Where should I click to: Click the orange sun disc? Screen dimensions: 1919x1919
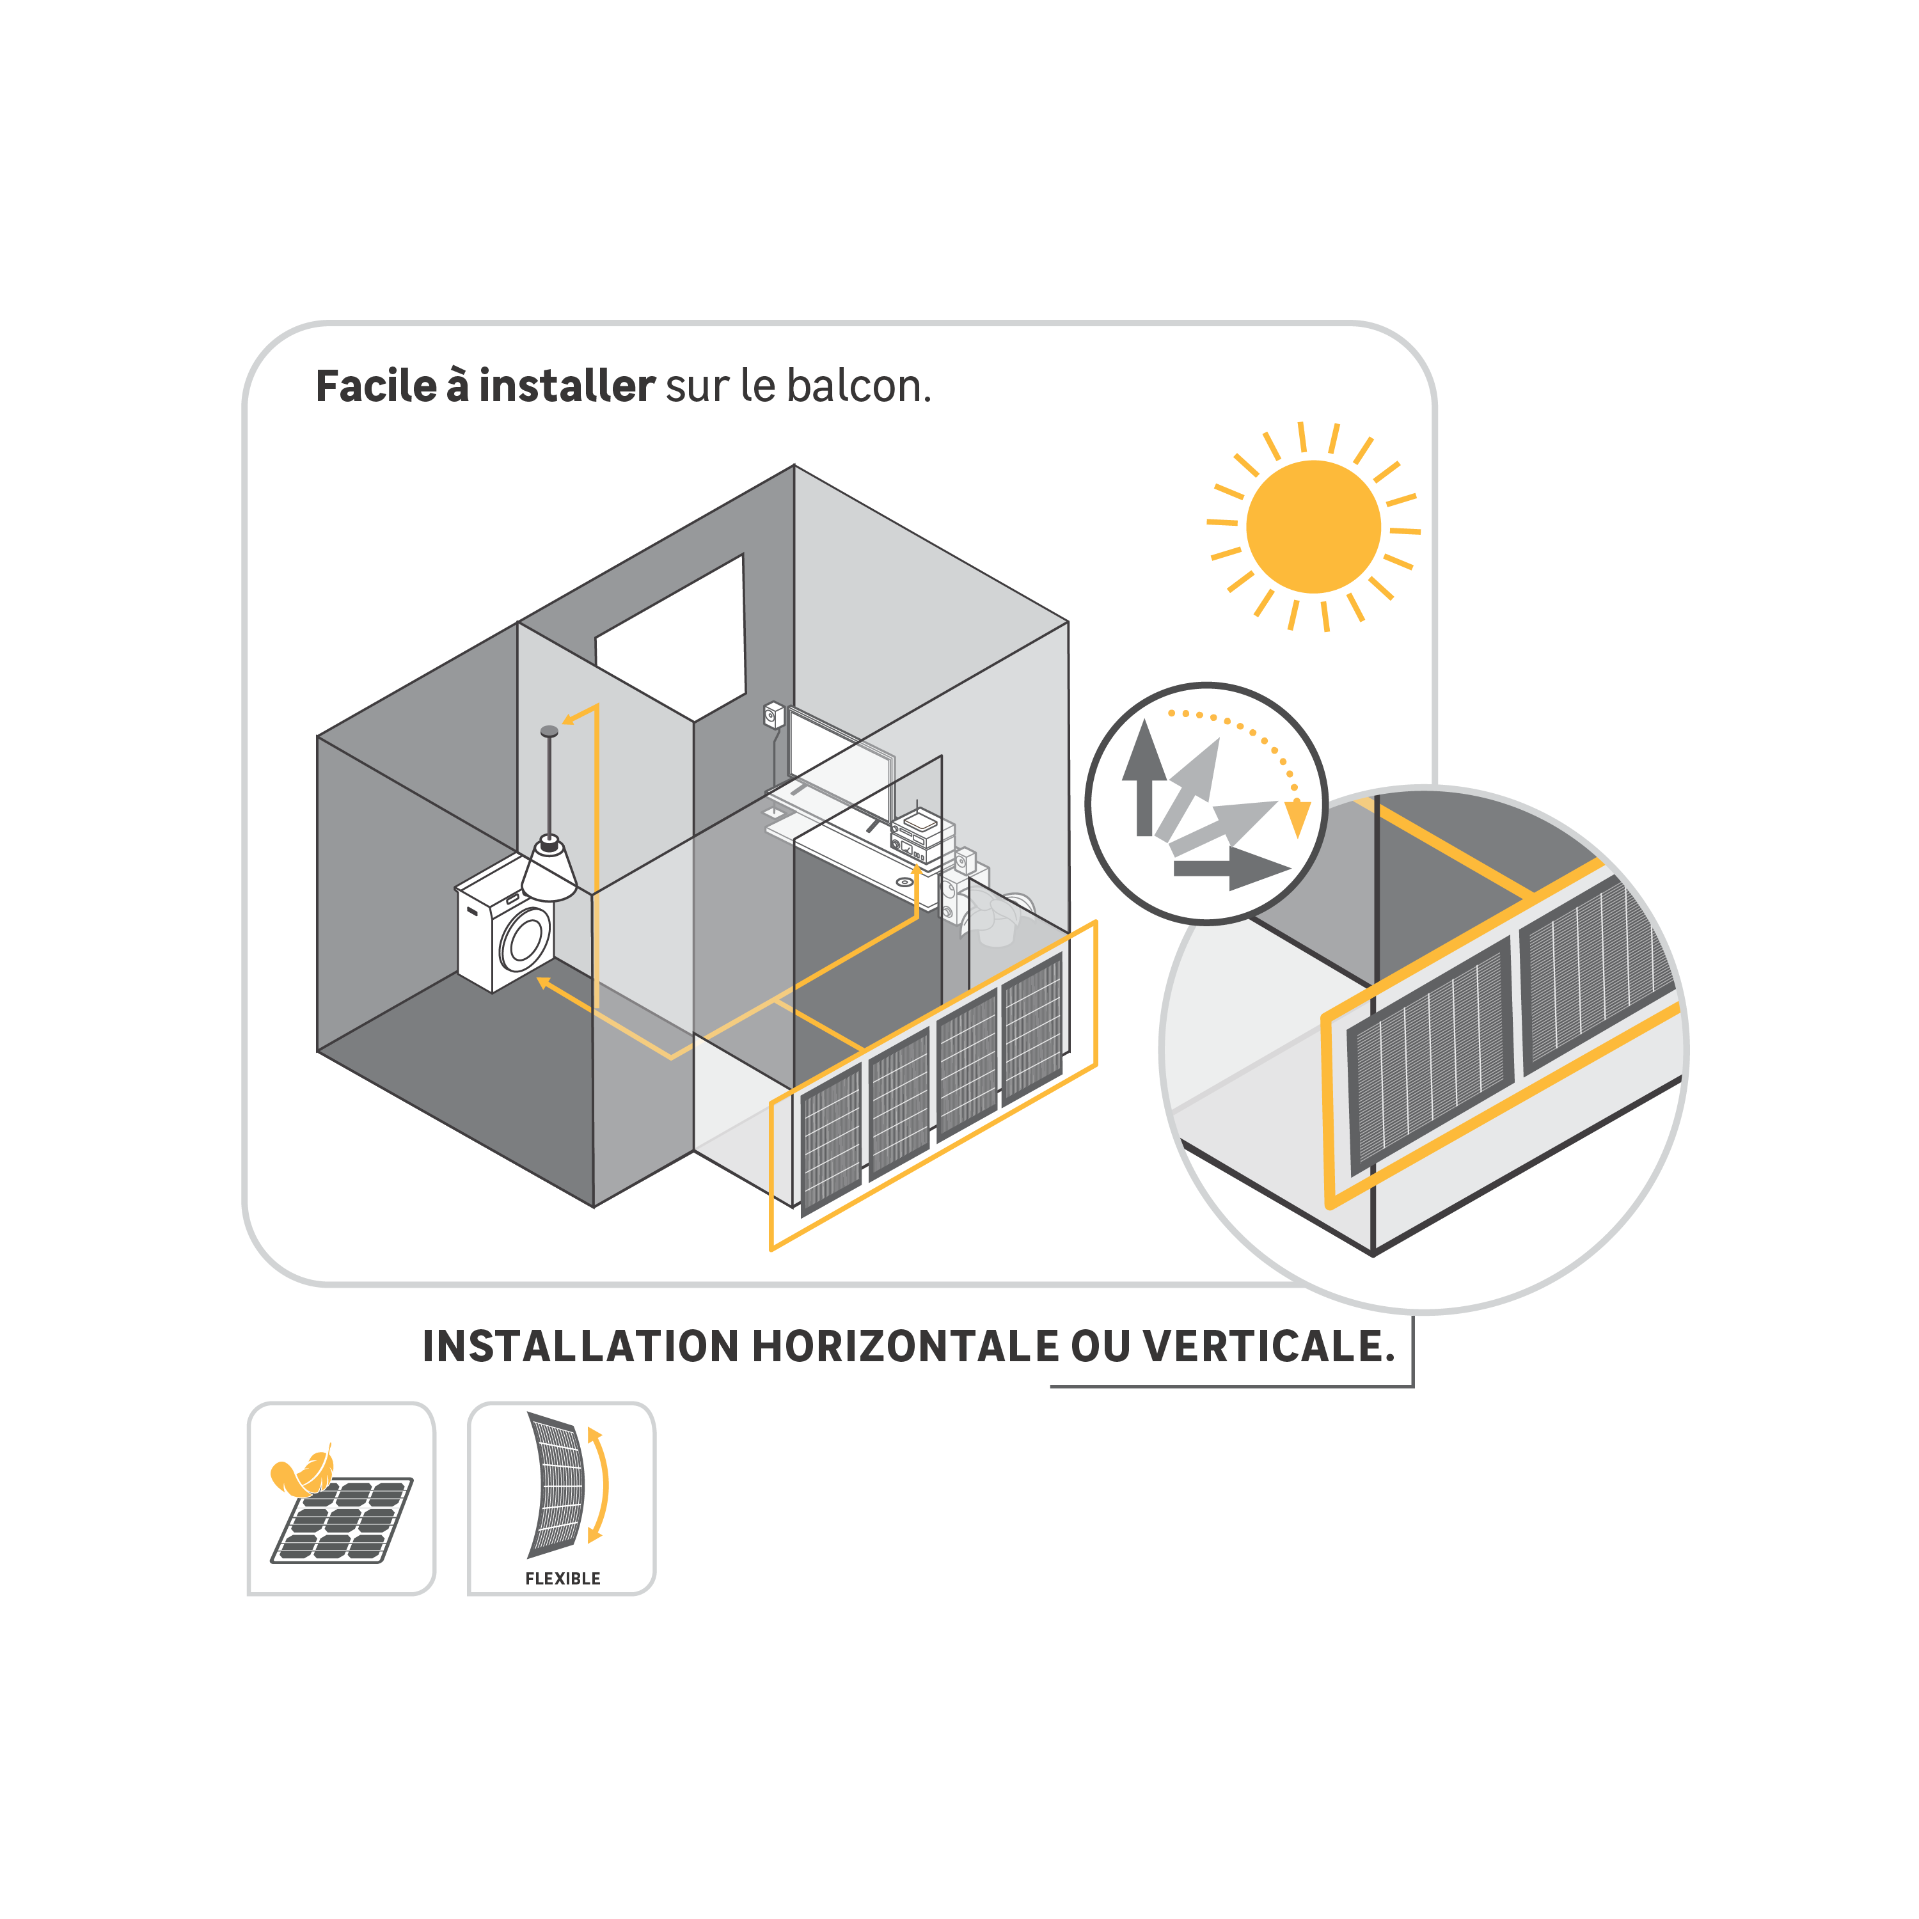click(x=1313, y=526)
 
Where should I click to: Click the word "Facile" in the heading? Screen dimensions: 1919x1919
click(x=375, y=386)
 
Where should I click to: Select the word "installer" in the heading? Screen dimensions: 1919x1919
click(x=566, y=386)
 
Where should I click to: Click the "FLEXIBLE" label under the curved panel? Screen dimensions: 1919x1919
click(x=562, y=1578)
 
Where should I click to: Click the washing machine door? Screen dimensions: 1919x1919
click(x=525, y=938)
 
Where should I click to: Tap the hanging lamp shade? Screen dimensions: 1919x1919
click(x=549, y=870)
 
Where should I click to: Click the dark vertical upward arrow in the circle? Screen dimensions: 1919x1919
click(x=1144, y=780)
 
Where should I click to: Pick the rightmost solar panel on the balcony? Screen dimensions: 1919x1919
click(x=1033, y=1028)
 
